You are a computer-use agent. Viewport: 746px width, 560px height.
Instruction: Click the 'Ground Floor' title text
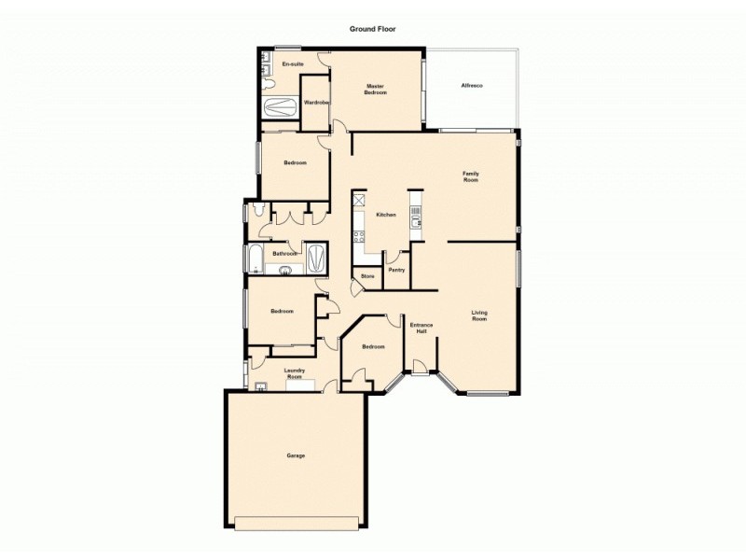(373, 29)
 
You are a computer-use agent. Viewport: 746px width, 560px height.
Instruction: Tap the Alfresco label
(471, 86)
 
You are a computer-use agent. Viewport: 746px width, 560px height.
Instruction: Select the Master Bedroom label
(376, 90)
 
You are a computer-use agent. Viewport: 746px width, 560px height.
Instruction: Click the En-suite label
(293, 63)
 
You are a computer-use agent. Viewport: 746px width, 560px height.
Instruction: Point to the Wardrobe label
(317, 103)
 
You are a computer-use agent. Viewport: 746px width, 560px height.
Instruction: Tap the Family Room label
(471, 175)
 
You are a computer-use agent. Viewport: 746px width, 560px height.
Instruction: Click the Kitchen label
(386, 215)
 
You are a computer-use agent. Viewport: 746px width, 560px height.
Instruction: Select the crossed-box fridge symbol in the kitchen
(358, 200)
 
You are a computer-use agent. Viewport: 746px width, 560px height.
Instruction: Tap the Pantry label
(395, 270)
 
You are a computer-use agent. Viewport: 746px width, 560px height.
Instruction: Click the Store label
(367, 277)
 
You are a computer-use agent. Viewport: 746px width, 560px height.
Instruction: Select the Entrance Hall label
(421, 329)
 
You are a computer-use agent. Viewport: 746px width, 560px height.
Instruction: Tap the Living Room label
(479, 315)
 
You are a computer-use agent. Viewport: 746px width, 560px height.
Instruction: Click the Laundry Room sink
(263, 385)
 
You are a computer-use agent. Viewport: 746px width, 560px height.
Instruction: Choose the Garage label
(296, 455)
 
